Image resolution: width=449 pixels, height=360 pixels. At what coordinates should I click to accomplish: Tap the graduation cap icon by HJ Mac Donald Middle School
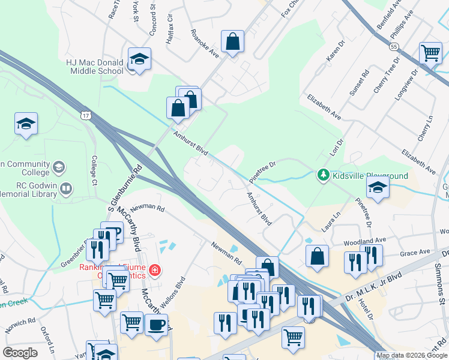(139, 59)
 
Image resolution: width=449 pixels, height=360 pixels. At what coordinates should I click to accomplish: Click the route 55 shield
(394, 46)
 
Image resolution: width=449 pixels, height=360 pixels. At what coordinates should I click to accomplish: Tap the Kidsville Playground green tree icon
(324, 175)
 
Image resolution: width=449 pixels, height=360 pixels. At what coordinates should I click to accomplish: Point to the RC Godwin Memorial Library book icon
(66, 190)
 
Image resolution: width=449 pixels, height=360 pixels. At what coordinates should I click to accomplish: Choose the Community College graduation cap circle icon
(59, 166)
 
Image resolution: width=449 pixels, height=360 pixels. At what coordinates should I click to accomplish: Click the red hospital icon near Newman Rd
(155, 271)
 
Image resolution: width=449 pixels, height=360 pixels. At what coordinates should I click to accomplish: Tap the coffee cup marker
(157, 325)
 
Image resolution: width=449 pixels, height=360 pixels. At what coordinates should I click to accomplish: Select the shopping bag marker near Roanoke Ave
(232, 42)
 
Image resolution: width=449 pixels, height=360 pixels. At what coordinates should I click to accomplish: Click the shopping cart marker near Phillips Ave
(430, 52)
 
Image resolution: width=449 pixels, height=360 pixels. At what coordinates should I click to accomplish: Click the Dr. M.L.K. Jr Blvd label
(382, 284)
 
